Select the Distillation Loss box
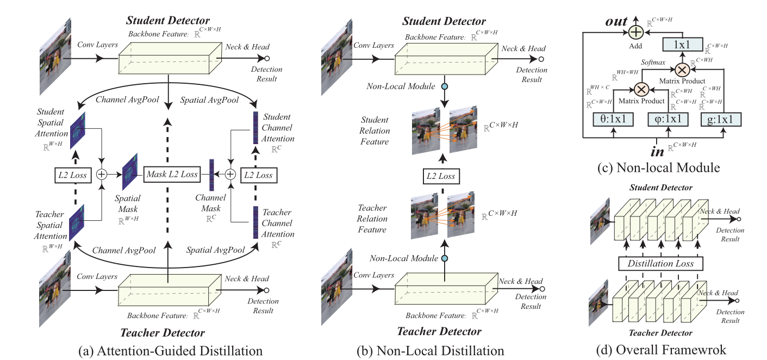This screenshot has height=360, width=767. (x=660, y=264)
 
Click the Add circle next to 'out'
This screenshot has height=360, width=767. (x=635, y=33)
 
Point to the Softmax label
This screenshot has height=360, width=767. (x=653, y=63)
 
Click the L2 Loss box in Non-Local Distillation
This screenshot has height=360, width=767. (x=441, y=176)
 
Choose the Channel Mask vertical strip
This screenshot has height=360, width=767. (x=212, y=175)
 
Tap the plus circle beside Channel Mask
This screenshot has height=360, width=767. (x=230, y=175)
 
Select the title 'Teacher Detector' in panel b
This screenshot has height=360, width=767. (x=439, y=331)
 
